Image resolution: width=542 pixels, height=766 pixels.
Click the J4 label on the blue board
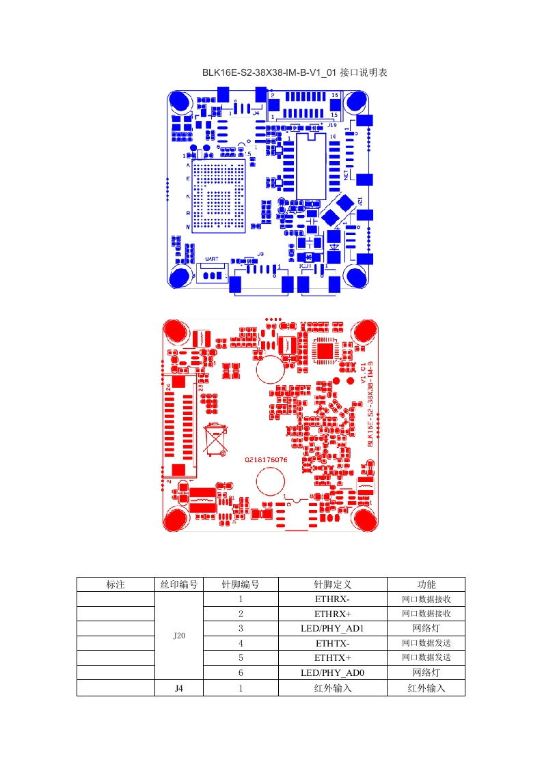(256, 113)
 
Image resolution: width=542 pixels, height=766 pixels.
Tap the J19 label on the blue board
(331, 126)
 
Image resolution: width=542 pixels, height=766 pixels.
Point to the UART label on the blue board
(211, 259)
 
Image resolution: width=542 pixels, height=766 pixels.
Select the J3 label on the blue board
(260, 254)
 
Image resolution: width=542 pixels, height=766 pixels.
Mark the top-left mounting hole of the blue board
(180, 102)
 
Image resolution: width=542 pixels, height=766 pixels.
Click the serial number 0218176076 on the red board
(267, 460)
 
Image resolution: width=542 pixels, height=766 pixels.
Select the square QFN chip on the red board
(325, 350)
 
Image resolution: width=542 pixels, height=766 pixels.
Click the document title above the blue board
(295, 72)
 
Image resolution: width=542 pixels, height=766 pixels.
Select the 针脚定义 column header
(332, 584)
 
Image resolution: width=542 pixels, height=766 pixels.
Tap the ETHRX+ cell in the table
(332, 614)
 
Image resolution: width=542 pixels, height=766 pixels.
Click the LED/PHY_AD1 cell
(332, 628)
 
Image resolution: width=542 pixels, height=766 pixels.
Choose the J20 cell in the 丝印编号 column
(179, 636)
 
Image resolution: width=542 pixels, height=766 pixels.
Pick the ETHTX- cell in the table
(332, 643)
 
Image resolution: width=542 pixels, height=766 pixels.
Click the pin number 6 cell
(241, 672)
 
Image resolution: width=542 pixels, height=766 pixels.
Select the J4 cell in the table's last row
(179, 688)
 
